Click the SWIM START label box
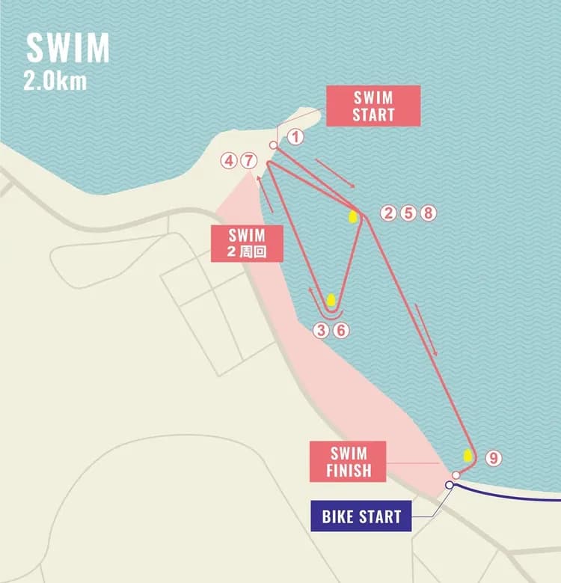click(x=373, y=106)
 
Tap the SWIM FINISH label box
click(x=349, y=462)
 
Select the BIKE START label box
click(x=361, y=516)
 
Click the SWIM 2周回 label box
click(x=248, y=243)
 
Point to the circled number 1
click(x=295, y=137)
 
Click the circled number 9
click(x=492, y=458)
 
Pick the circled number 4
click(x=230, y=161)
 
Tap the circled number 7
click(x=249, y=161)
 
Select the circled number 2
click(x=387, y=213)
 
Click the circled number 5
click(x=408, y=213)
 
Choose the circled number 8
click(x=428, y=213)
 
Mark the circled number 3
click(x=321, y=330)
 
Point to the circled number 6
click(x=341, y=330)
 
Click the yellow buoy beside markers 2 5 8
click(x=352, y=216)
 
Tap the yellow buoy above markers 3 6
click(x=331, y=301)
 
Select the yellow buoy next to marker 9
click(x=468, y=454)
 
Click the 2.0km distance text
click(x=55, y=81)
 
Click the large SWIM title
click(x=68, y=49)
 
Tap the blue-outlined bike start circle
click(x=449, y=485)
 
